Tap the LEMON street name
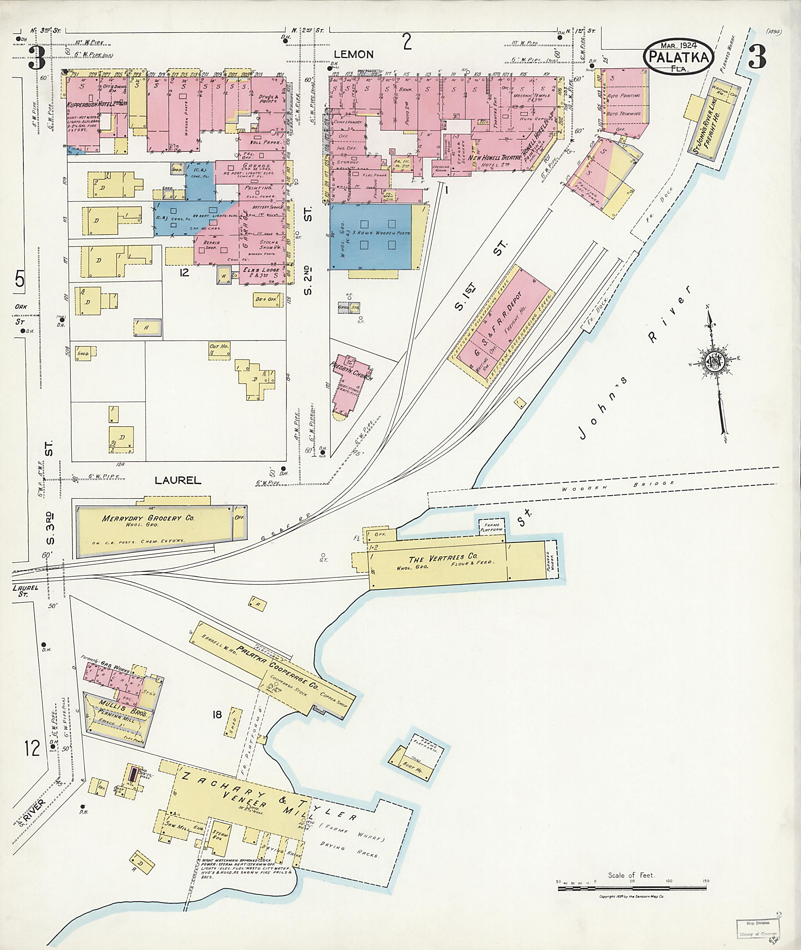coord(354,54)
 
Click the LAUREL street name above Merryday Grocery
coord(178,480)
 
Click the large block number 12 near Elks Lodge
coord(184,273)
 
